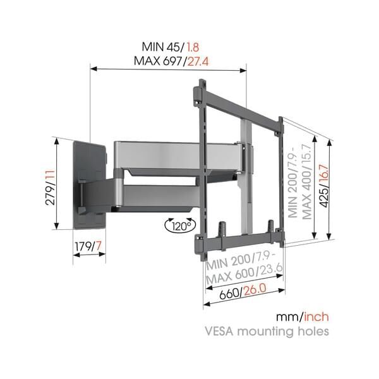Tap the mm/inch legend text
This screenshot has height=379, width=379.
302,316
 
